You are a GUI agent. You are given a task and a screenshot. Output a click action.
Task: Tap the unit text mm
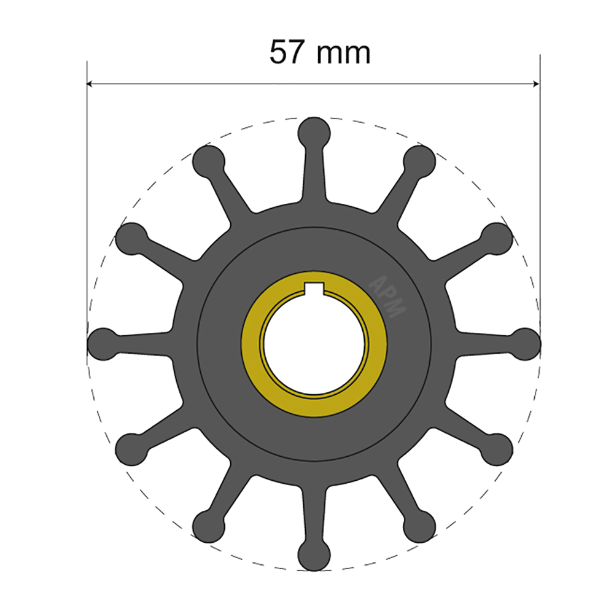coord(344,54)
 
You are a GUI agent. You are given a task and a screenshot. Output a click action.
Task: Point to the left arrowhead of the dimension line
coord(91,83)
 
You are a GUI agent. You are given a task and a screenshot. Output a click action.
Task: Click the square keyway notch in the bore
coord(314,286)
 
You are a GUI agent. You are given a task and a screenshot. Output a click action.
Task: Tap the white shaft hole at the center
coord(314,344)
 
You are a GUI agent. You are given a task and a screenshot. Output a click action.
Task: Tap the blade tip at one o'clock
coord(420,161)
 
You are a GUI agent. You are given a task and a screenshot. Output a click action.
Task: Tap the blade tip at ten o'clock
coord(131,238)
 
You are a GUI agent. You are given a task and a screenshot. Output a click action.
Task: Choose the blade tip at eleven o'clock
coord(209,161)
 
